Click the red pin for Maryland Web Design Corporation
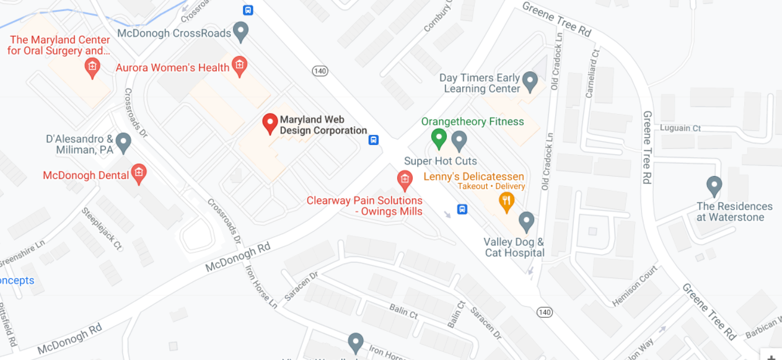(270, 123)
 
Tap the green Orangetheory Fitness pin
(439, 138)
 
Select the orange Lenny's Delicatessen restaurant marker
(507, 201)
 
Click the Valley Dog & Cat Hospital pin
(527, 221)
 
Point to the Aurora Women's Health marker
(239, 64)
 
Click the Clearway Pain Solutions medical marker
(404, 180)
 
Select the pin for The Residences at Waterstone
(714, 185)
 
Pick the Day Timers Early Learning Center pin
(530, 81)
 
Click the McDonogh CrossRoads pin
(240, 30)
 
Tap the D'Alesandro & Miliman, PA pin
(123, 142)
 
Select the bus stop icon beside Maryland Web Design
(374, 139)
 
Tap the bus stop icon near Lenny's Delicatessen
(462, 209)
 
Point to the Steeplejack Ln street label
(101, 227)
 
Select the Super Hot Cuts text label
(441, 161)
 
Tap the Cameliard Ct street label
(592, 73)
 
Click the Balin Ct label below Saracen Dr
(403, 310)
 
